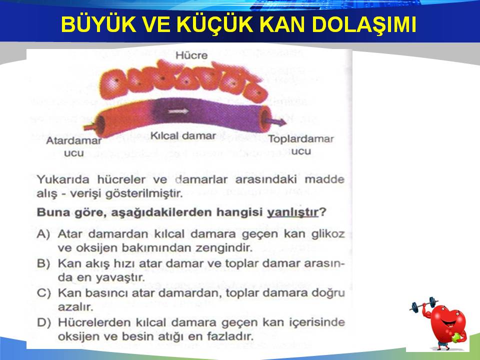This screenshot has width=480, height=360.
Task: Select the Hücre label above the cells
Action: click(191, 55)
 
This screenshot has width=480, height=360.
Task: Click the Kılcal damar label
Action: click(183, 135)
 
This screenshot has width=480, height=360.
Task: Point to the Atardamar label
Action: click(74, 141)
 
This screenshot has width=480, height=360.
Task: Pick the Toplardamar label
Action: click(301, 139)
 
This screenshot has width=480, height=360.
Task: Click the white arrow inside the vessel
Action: click(178, 111)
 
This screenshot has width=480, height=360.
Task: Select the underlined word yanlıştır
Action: click(292, 212)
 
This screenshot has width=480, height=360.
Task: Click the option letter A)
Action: click(43, 234)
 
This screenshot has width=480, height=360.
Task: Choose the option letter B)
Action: click(43, 263)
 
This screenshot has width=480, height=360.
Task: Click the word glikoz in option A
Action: click(328, 234)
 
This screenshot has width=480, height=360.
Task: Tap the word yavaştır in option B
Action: click(120, 277)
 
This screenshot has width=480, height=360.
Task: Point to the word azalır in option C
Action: click(75, 306)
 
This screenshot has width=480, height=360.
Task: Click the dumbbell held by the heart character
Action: click(423, 304)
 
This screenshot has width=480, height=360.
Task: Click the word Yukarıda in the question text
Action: click(63, 179)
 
